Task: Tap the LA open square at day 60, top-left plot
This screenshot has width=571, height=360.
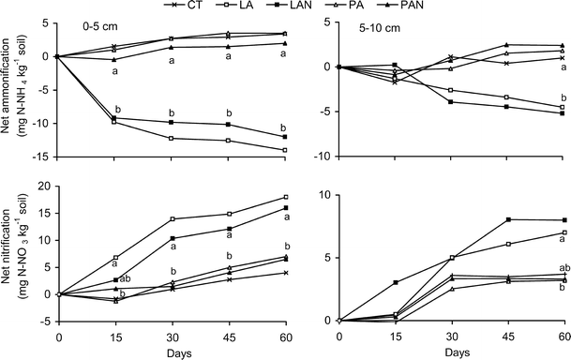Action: point(284,150)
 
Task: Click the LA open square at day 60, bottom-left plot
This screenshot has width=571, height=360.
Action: point(284,197)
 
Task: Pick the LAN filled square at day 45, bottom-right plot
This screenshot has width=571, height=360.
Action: point(507,219)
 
